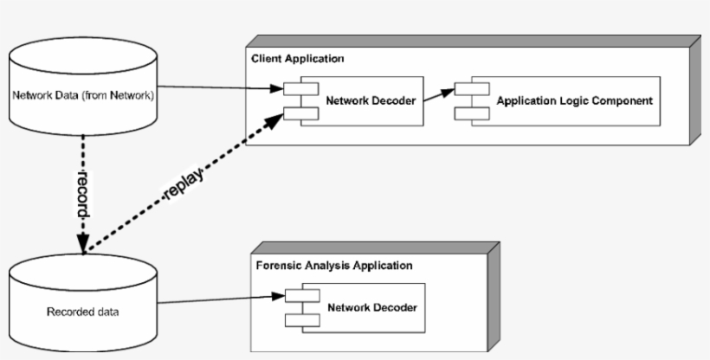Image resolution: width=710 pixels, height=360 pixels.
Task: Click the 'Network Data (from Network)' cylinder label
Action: (83, 94)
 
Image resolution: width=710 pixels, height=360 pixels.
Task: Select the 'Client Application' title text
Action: (297, 59)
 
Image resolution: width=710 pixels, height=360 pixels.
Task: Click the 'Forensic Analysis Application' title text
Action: (334, 265)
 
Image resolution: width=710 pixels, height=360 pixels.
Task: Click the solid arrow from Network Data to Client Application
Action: (216, 87)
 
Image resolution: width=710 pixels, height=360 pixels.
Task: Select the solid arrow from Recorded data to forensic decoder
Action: (216, 299)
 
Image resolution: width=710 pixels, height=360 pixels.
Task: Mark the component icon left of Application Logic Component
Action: (472, 101)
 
